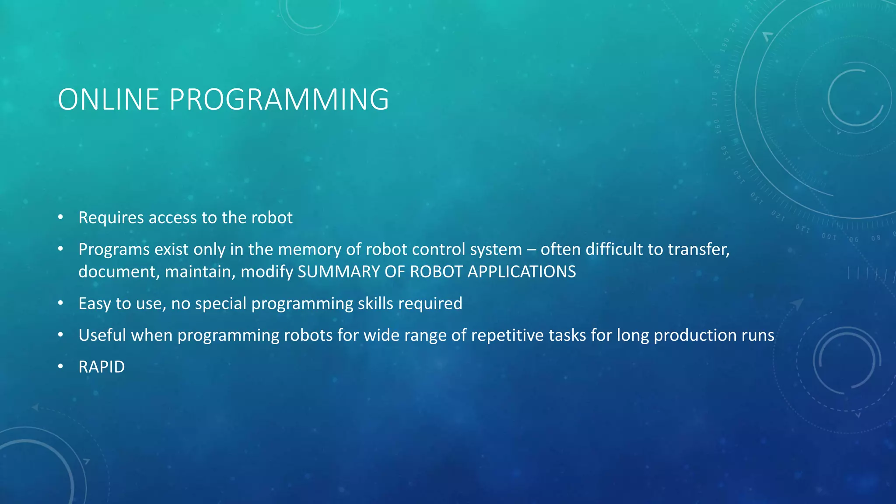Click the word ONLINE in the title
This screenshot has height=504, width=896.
(108, 100)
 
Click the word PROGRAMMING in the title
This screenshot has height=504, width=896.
(279, 100)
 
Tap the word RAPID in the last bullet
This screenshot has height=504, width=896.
(101, 367)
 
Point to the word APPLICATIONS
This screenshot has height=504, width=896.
(521, 272)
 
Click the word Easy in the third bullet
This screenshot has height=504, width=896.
(94, 304)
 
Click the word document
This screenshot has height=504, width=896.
(119, 272)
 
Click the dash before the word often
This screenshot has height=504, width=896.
(531, 249)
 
